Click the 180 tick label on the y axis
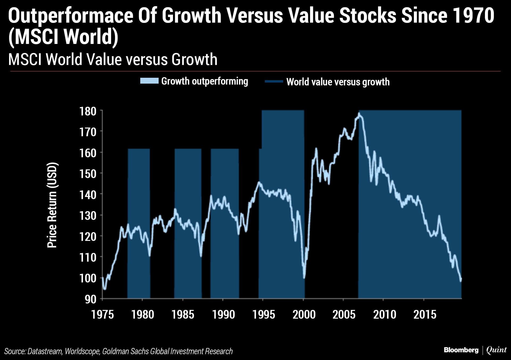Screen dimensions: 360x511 point(88,111)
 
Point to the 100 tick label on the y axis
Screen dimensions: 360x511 point(88,278)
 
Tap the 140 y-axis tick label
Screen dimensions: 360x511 point(88,195)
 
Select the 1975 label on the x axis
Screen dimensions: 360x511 point(102,314)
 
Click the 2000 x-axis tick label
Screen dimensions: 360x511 point(304,314)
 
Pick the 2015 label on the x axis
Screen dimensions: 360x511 point(425,314)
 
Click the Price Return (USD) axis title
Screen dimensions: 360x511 point(52,205)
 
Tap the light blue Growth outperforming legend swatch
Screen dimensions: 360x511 point(149,81)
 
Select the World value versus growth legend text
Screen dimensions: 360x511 point(338,82)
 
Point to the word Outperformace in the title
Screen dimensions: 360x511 point(71,16)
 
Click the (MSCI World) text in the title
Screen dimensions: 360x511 point(63,36)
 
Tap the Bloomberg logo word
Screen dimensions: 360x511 point(461,350)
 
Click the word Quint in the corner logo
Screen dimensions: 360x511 point(496,350)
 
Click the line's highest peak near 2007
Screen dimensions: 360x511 point(359,114)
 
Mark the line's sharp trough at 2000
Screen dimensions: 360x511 point(304,278)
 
